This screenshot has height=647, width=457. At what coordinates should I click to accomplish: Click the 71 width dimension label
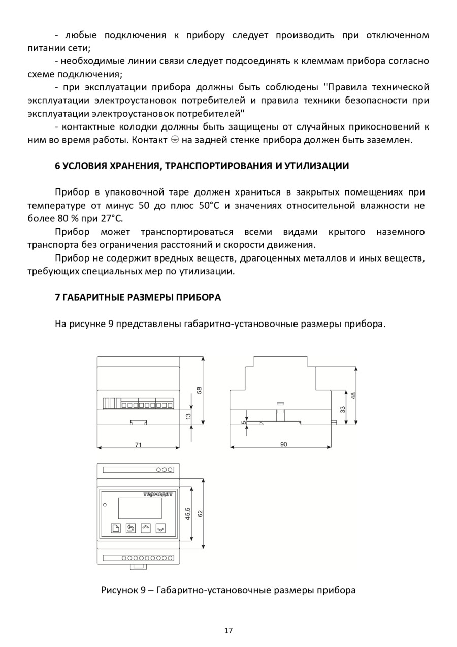[x=138, y=445]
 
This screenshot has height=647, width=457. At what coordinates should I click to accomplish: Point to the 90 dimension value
[x=283, y=444]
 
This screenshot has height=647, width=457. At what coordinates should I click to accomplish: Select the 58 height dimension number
[x=200, y=390]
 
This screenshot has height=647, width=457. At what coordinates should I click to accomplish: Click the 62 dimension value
[x=200, y=513]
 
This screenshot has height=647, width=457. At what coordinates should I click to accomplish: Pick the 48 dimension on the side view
[x=353, y=395]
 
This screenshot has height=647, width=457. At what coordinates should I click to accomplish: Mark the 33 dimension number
[x=343, y=409]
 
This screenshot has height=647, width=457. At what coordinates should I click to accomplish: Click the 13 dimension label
[x=188, y=416]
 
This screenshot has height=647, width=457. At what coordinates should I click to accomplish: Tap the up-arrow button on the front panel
[x=146, y=528]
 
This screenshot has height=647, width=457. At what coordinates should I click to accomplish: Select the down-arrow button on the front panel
[x=160, y=528]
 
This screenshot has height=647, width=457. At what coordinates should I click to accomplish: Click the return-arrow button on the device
[x=130, y=528]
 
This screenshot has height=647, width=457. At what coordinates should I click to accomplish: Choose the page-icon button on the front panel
[x=116, y=528]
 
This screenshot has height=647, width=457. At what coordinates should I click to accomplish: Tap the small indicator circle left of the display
[x=105, y=504]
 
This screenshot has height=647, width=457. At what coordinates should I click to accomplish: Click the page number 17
[x=228, y=631]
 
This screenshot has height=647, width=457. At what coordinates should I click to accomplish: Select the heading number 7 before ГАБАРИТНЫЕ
[x=57, y=298]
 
